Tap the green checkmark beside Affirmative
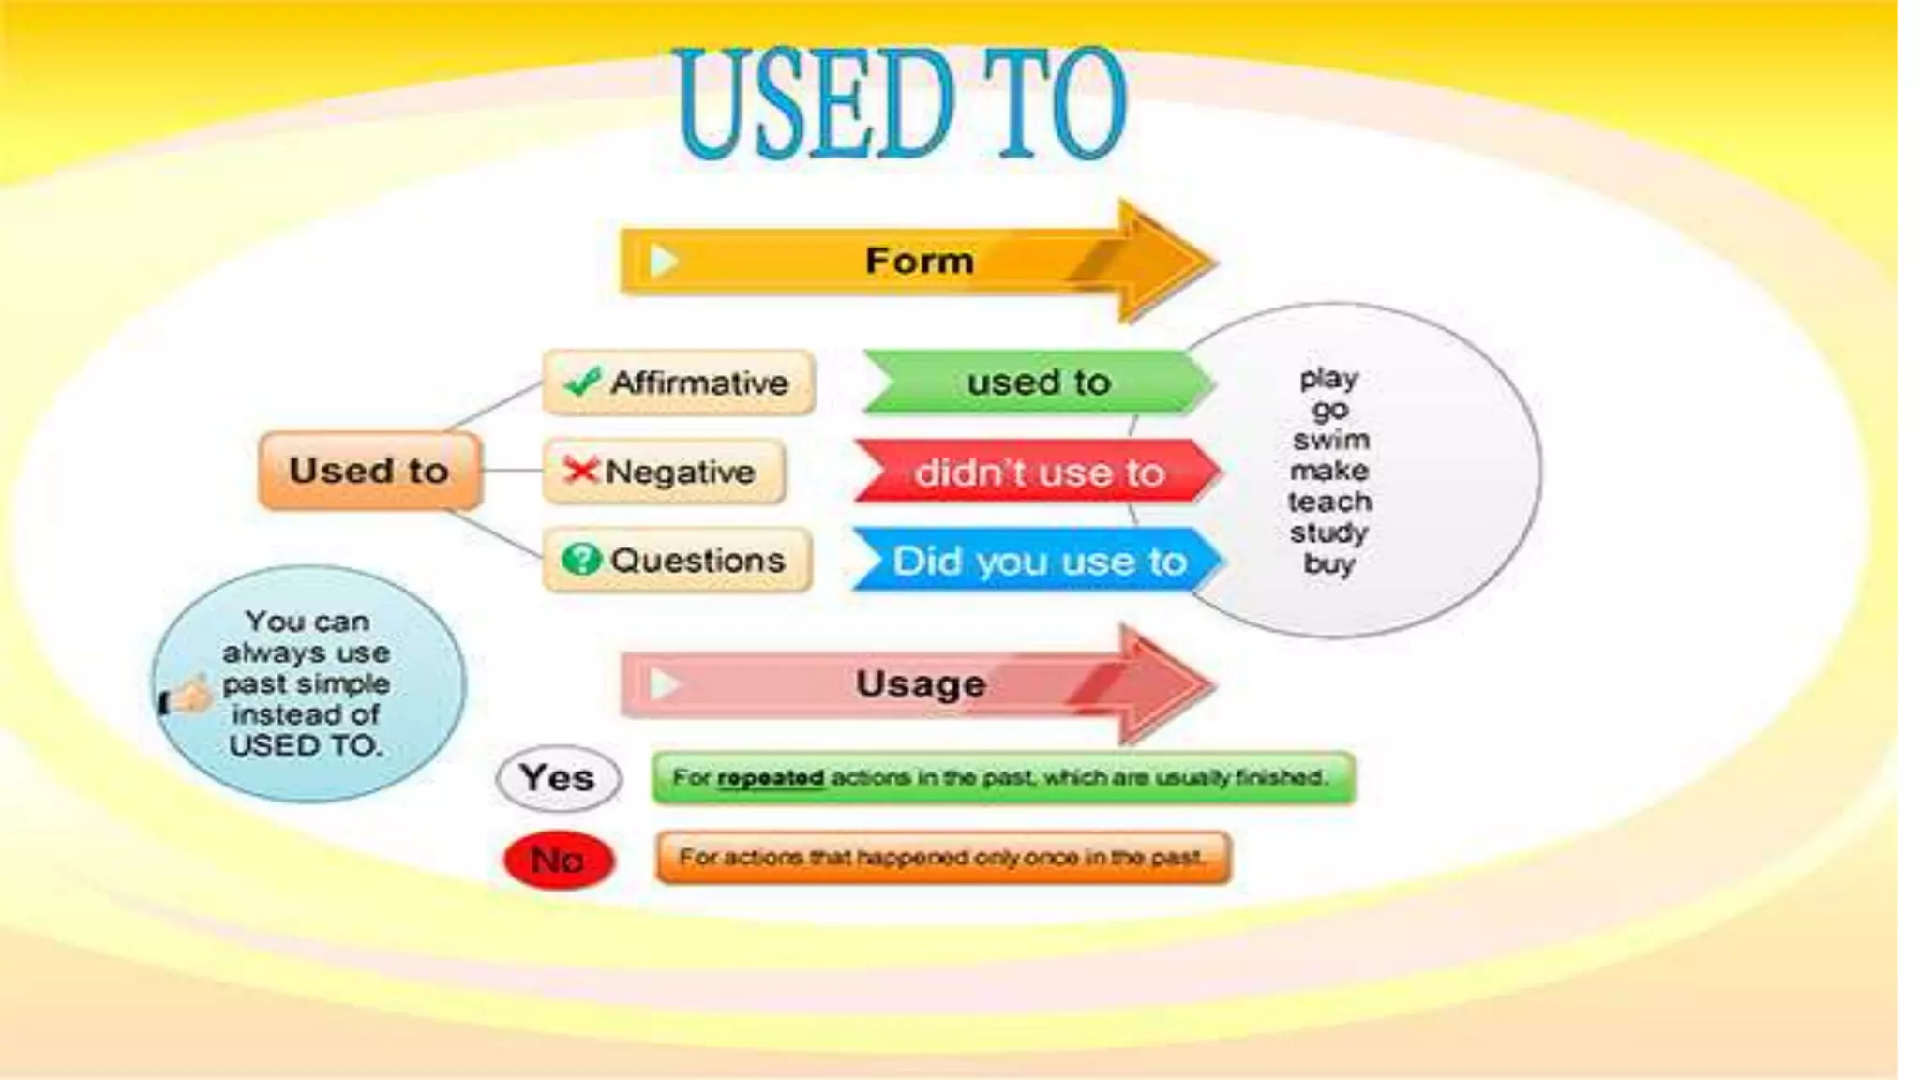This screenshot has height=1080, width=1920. [x=582, y=382]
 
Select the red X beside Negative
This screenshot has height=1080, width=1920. [x=580, y=470]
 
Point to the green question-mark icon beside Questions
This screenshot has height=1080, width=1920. [x=581, y=560]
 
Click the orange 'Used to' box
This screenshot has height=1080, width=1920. [x=369, y=471]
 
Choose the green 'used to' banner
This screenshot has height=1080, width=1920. [x=1038, y=382]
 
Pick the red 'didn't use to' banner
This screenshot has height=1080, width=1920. [x=1039, y=472]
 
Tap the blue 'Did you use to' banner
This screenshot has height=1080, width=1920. [x=1039, y=561]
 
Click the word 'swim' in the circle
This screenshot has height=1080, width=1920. [x=1330, y=440]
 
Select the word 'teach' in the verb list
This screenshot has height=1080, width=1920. [x=1329, y=502]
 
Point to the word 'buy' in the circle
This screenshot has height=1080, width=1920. [x=1329, y=563]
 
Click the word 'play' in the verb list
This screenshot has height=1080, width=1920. [x=1329, y=379]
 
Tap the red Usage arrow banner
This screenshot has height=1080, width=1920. [x=919, y=684]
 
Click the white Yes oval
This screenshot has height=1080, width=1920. [x=558, y=778]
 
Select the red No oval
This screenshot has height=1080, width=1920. [x=559, y=860]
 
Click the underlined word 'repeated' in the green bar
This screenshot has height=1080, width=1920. [x=771, y=778]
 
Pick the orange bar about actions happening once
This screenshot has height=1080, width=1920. [x=942, y=858]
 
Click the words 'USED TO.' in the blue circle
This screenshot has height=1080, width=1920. [x=306, y=745]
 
